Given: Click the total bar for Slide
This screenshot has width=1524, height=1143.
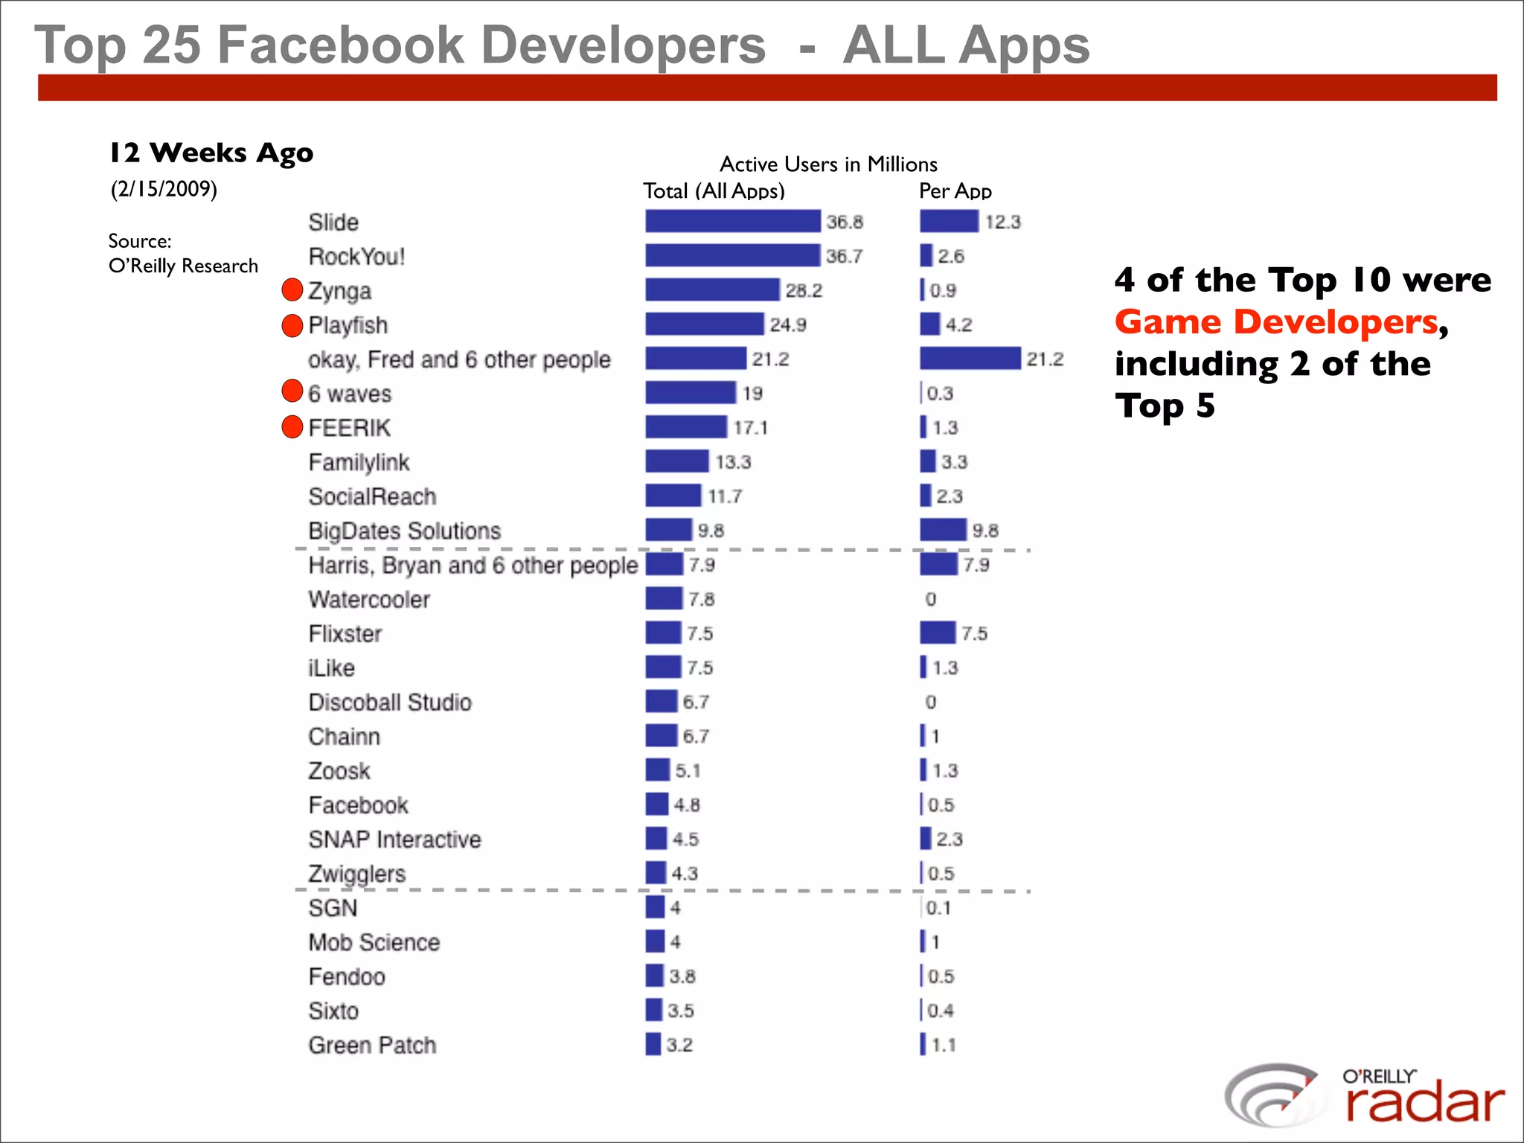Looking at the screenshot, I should pyautogui.click(x=732, y=221).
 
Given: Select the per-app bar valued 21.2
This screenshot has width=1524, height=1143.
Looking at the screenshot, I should pyautogui.click(x=970, y=359).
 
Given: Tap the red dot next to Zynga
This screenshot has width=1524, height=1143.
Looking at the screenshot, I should pyautogui.click(x=292, y=290).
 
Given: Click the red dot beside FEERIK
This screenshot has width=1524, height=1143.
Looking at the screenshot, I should pyautogui.click(x=292, y=427).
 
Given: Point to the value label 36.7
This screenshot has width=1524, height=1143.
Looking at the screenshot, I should pyautogui.click(x=844, y=256).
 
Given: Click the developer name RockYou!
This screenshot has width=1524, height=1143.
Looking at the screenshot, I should pyautogui.click(x=356, y=257).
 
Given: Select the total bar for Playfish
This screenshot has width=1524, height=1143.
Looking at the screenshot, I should pyautogui.click(x=704, y=324).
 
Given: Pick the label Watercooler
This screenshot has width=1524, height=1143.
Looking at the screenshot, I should pyautogui.click(x=369, y=600).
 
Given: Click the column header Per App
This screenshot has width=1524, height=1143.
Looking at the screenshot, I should pyautogui.click(x=955, y=191).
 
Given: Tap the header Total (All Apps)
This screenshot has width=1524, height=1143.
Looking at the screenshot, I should pyautogui.click(x=714, y=191).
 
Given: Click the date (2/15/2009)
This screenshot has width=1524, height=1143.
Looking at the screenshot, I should pyautogui.click(x=164, y=189).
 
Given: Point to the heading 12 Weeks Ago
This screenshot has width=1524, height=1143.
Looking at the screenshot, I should pyautogui.click(x=211, y=153).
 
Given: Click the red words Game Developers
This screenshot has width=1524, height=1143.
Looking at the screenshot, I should pyautogui.click(x=1276, y=322).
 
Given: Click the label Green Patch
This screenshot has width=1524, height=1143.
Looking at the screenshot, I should pyautogui.click(x=372, y=1046).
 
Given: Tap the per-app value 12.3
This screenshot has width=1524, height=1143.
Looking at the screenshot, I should pyautogui.click(x=1002, y=222).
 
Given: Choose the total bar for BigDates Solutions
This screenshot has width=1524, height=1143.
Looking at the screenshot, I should pyautogui.click(x=668, y=530).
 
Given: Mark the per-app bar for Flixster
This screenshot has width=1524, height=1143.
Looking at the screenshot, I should pyautogui.click(x=937, y=633).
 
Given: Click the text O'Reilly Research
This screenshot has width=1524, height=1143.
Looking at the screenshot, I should pyautogui.click(x=183, y=266).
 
